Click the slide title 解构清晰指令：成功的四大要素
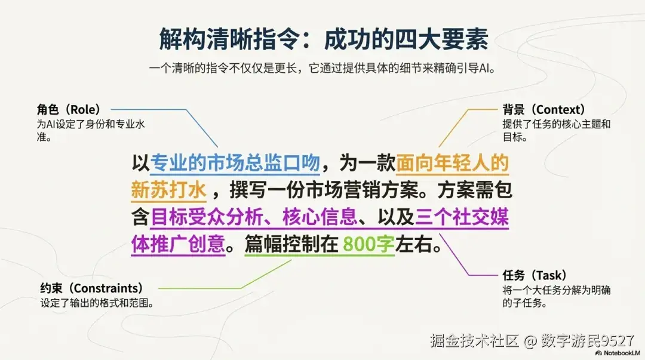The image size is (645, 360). (x=323, y=40)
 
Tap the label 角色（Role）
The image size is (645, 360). (x=68, y=110)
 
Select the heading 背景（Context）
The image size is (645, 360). (x=543, y=110)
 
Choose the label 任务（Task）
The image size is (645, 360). (x=531, y=276)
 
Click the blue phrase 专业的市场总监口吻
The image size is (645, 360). (x=235, y=163)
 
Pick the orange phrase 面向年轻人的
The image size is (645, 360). (x=452, y=163)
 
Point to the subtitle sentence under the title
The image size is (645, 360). (x=323, y=67)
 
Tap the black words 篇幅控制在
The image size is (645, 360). (x=291, y=245)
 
